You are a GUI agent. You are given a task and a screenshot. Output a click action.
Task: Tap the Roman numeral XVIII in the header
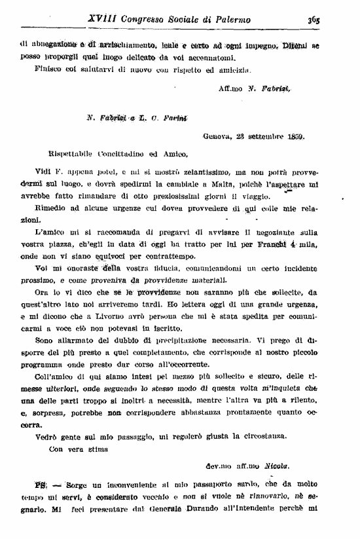[100, 20]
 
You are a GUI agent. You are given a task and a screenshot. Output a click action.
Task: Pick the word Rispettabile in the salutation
[61, 154]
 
